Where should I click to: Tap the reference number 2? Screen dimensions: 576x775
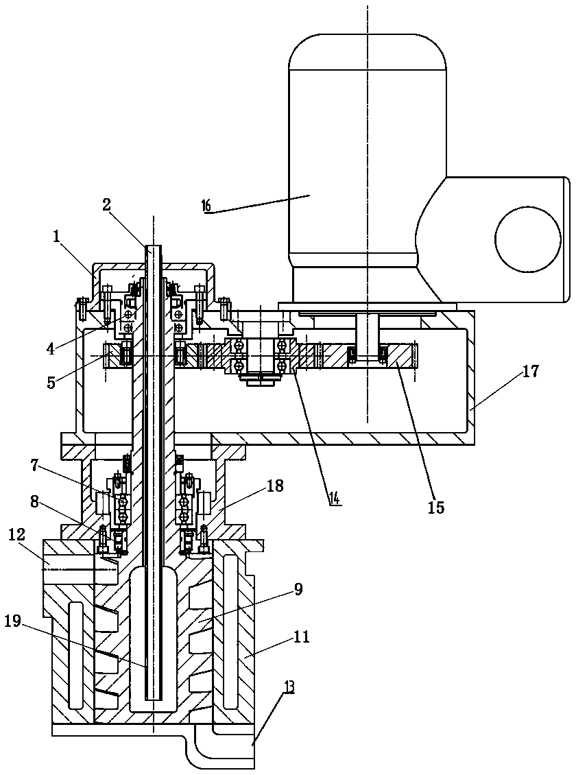pyautogui.click(x=107, y=205)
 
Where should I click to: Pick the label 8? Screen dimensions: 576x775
pyautogui.click(x=34, y=501)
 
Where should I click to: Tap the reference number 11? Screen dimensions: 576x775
pyautogui.click(x=300, y=636)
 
